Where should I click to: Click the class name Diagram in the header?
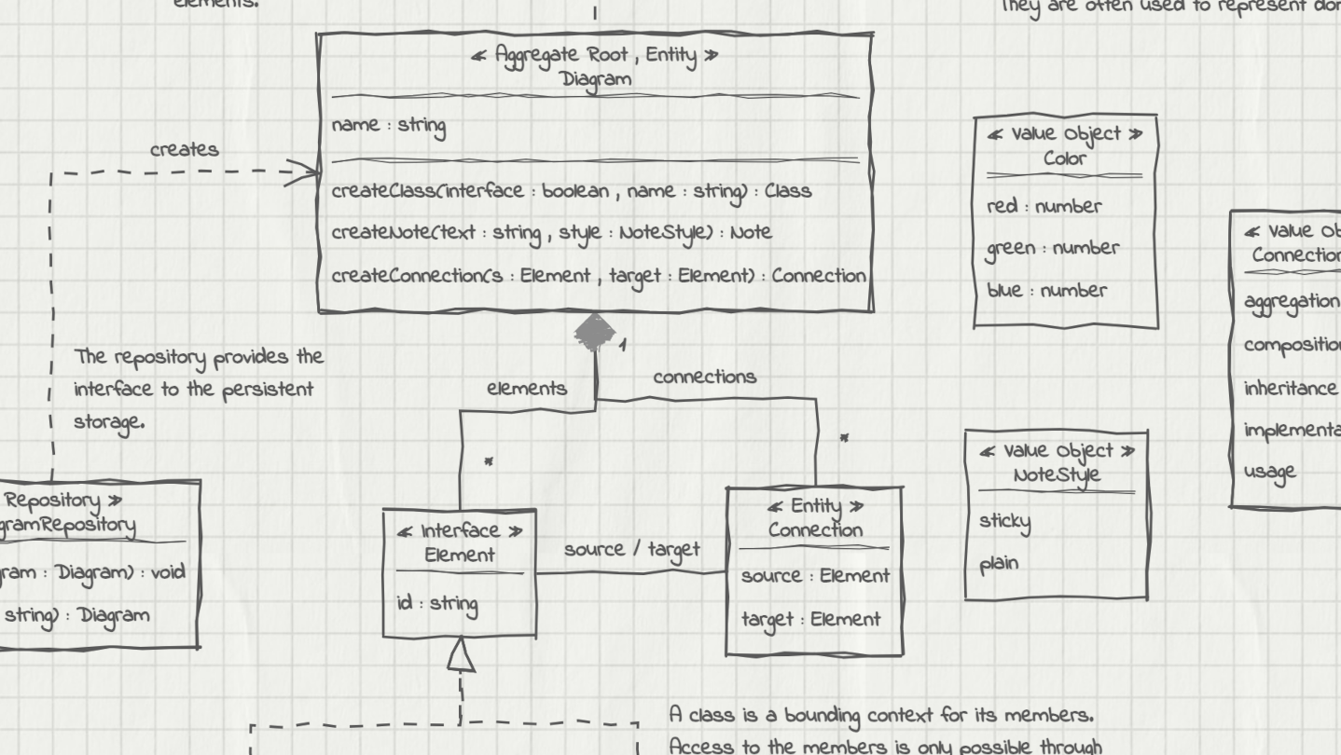tap(596, 79)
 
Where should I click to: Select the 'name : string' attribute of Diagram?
tap(389, 126)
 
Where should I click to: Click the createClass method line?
tap(571, 191)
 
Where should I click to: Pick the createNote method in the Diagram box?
tap(551, 232)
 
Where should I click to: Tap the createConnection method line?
tap(599, 276)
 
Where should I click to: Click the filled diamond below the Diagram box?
tap(594, 332)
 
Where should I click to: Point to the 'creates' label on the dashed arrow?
tap(185, 149)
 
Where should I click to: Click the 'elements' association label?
tap(527, 389)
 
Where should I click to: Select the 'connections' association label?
tap(704, 377)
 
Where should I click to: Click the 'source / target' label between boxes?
tap(631, 549)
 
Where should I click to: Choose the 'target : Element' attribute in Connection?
tap(810, 619)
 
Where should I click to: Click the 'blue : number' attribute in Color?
tap(1046, 291)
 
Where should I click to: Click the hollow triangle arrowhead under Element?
tap(462, 657)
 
